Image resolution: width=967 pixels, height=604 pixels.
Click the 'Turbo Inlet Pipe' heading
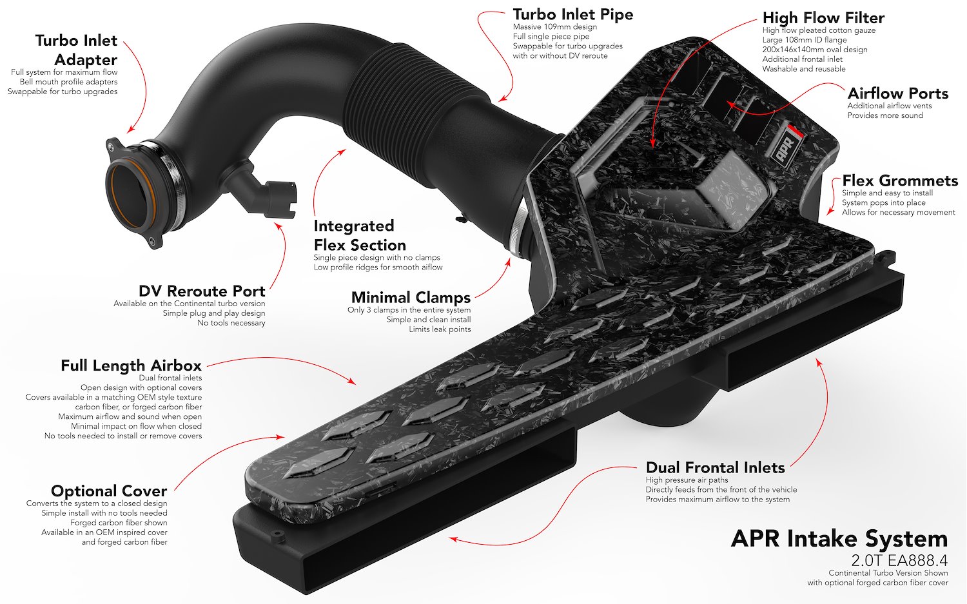tap(573, 14)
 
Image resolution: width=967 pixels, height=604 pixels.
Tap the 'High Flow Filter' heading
tap(823, 17)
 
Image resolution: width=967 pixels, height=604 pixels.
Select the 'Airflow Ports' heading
tap(898, 93)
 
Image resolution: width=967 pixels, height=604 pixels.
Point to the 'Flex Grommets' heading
tap(900, 180)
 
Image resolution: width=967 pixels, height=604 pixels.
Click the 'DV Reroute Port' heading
tap(202, 291)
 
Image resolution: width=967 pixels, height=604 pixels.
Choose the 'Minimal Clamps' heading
tap(411, 297)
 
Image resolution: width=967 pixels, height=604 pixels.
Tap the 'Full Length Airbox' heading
tap(131, 365)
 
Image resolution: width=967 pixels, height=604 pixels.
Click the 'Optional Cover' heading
tap(109, 491)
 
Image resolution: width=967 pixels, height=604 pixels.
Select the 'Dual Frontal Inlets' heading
tap(716, 467)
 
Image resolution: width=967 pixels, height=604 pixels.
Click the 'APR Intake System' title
tap(839, 539)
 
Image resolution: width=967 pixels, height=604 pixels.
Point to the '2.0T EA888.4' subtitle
tap(899, 560)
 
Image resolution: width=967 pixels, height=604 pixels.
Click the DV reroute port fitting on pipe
tap(263, 192)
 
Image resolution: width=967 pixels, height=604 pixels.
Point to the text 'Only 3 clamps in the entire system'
tap(409, 310)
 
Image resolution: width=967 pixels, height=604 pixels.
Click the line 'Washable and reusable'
tap(804, 68)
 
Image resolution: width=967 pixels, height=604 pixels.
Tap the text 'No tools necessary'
tap(231, 323)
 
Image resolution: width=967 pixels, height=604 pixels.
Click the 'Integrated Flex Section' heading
tap(360, 235)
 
